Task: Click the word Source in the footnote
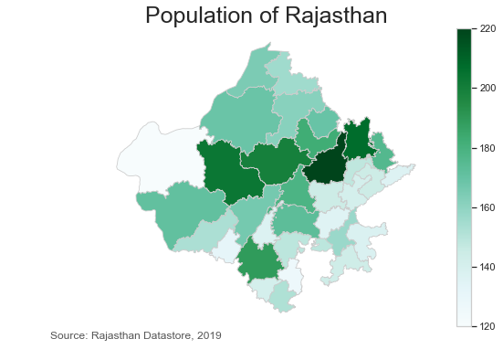(x=68, y=336)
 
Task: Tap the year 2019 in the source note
(x=208, y=336)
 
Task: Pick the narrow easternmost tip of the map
(x=412, y=167)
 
